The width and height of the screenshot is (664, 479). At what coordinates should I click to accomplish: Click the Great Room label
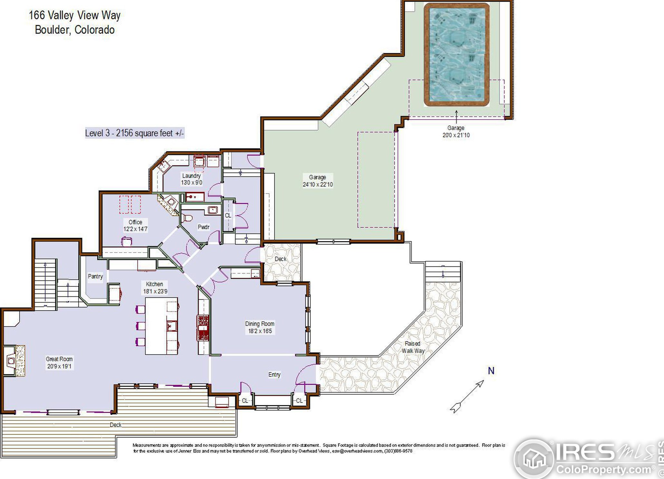pyautogui.click(x=59, y=359)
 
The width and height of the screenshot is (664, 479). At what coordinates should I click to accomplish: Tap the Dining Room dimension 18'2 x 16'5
pyautogui.click(x=260, y=331)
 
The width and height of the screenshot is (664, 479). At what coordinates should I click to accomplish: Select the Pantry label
pyautogui.click(x=95, y=276)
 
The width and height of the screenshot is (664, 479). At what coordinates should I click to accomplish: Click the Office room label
pyautogui.click(x=135, y=222)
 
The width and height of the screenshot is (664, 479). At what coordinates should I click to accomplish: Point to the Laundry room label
pyautogui.click(x=191, y=176)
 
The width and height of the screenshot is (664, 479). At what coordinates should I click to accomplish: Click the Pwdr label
pyautogui.click(x=203, y=227)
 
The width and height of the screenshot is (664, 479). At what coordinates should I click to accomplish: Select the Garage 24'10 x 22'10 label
pyautogui.click(x=317, y=181)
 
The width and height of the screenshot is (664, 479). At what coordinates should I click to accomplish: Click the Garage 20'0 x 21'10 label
pyautogui.click(x=456, y=131)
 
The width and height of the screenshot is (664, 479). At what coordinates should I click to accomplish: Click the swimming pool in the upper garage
pyautogui.click(x=457, y=55)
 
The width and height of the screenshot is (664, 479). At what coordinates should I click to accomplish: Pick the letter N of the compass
pyautogui.click(x=491, y=371)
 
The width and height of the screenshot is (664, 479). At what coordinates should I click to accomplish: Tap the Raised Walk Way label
pyautogui.click(x=413, y=347)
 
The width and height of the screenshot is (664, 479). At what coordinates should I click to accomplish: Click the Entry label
pyautogui.click(x=274, y=374)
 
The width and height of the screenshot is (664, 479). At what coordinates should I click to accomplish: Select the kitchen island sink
pyautogui.click(x=172, y=326)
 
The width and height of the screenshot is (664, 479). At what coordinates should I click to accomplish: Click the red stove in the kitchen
pyautogui.click(x=203, y=328)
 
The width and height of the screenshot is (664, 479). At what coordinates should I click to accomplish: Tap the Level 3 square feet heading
pyautogui.click(x=134, y=133)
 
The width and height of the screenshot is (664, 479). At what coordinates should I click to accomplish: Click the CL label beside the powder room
pyautogui.click(x=228, y=215)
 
